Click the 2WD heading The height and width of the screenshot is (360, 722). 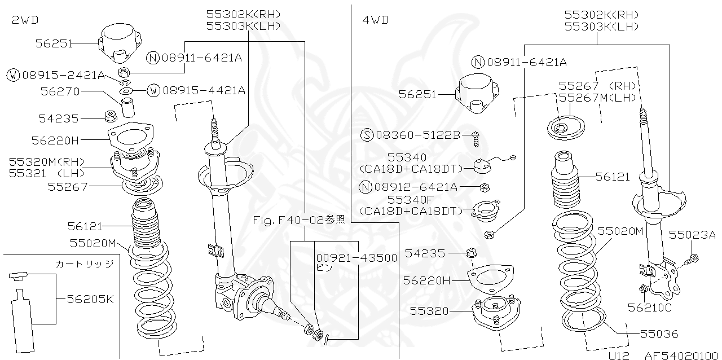point(25,20)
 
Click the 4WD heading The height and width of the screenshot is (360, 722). point(376,20)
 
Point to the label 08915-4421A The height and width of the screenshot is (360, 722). point(203,90)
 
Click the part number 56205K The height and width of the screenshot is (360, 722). point(90,299)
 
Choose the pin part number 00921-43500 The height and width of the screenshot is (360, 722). point(356,258)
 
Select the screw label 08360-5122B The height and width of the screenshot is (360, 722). point(418,135)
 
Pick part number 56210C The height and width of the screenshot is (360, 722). point(649,308)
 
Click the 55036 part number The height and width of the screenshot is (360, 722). point(659,334)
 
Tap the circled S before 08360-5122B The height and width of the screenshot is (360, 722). point(367,135)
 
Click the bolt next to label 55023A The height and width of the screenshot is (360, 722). point(690,260)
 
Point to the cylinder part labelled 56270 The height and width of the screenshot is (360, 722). point(129,105)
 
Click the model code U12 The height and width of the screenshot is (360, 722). point(618,355)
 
